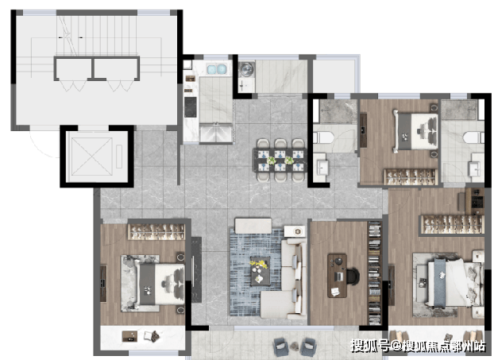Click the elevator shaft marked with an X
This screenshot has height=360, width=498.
(92, 157)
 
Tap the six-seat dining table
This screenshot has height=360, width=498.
(280, 160)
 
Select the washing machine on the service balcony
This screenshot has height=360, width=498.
(246, 69)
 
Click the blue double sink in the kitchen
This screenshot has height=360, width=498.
(217, 69)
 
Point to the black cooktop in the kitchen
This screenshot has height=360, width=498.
(191, 106)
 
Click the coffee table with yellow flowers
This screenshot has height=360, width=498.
(260, 270)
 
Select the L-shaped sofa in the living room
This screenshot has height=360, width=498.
(284, 279)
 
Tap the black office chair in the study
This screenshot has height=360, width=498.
(353, 276)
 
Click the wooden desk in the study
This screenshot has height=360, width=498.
(338, 275)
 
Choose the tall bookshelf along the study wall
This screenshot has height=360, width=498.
(375, 273)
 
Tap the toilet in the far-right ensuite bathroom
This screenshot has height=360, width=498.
(473, 138)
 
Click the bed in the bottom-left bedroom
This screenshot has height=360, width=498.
(152, 284)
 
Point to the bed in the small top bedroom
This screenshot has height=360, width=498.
(415, 131)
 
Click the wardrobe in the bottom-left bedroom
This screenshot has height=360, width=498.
(156, 231)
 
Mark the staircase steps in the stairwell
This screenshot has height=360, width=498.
(97, 35)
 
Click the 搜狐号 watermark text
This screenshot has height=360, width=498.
(370, 346)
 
